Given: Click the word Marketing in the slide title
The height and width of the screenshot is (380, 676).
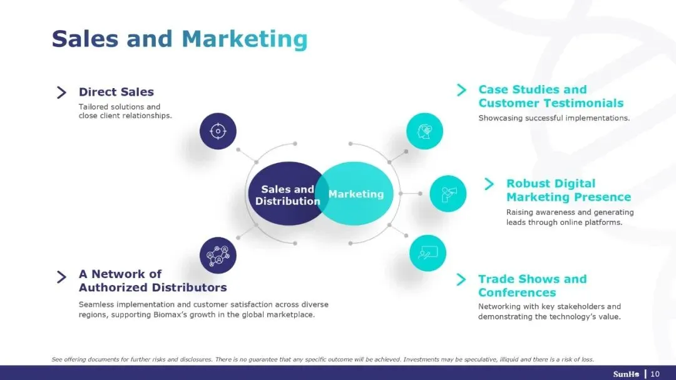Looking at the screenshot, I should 244,39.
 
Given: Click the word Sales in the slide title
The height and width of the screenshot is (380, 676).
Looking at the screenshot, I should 85,39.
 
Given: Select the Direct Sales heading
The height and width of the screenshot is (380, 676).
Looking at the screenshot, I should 116,92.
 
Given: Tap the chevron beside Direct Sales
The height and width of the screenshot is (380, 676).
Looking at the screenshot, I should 61,92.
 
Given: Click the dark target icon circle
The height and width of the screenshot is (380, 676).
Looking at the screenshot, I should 218,131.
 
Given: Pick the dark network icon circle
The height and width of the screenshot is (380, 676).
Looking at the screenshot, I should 218,255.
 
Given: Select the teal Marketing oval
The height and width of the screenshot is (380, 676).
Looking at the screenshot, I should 359,194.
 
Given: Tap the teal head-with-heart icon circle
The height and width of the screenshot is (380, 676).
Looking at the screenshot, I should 424,131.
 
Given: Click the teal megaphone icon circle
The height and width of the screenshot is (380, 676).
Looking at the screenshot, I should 448,194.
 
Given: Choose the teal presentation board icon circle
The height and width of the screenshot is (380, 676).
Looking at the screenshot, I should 428,252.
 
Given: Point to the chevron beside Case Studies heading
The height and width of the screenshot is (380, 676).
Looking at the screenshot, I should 462,90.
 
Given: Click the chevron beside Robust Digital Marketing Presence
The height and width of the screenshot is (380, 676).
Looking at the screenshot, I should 489,184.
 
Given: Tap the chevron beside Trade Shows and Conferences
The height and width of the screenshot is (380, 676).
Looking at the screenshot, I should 462,279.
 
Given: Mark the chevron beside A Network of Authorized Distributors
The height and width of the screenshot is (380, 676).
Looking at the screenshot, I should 61,277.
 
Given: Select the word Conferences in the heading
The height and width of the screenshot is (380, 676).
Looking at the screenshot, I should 517,292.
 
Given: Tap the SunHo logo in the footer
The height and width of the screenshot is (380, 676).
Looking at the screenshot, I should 626,374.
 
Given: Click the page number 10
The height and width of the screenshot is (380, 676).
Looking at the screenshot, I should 655,374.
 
